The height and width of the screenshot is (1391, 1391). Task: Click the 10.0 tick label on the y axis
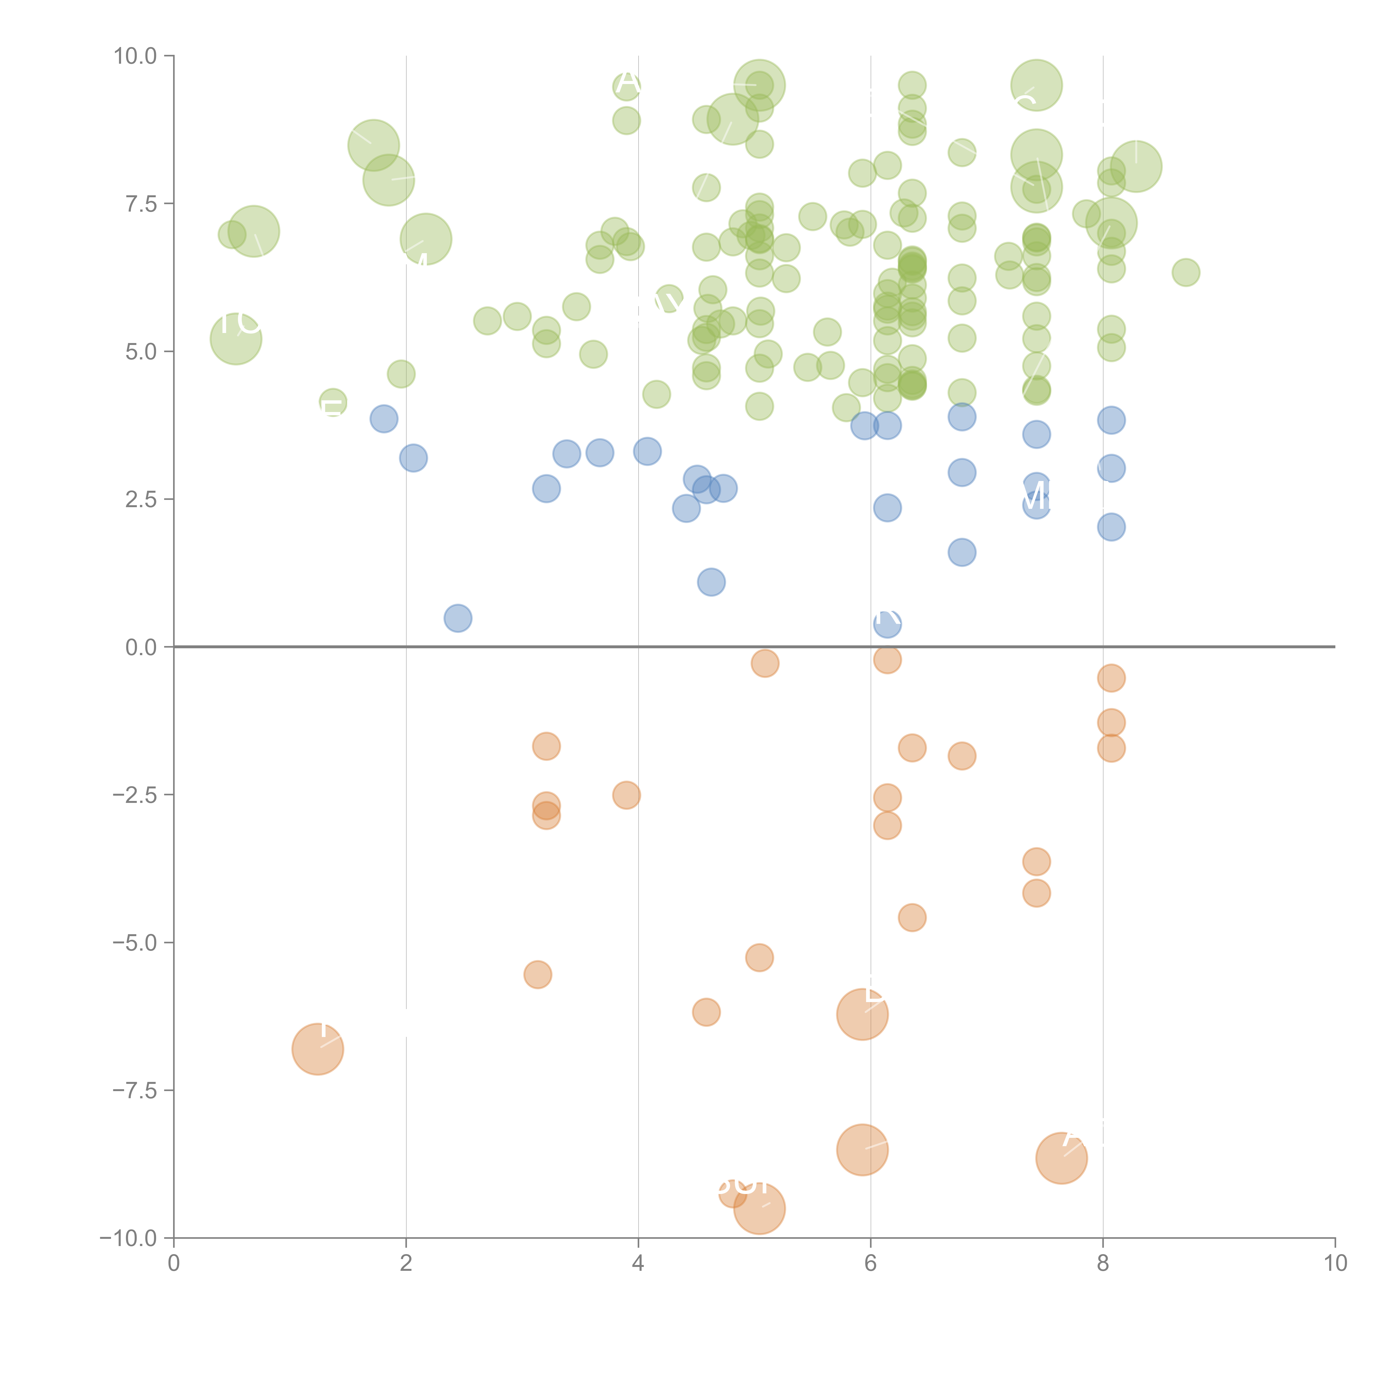(x=135, y=56)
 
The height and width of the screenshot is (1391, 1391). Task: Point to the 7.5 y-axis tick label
(x=141, y=204)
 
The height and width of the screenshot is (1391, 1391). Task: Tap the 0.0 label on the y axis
(x=141, y=647)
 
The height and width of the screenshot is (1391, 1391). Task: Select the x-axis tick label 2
(x=406, y=1264)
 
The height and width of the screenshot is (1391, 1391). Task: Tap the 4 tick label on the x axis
(x=638, y=1264)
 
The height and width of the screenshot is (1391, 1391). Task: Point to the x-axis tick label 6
(x=870, y=1264)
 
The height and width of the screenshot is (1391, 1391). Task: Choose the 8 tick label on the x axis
(x=1103, y=1264)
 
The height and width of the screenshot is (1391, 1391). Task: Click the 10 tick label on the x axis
(x=1335, y=1264)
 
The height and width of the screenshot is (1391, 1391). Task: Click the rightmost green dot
(x=1186, y=272)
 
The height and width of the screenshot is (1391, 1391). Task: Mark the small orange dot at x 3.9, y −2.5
(x=627, y=795)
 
